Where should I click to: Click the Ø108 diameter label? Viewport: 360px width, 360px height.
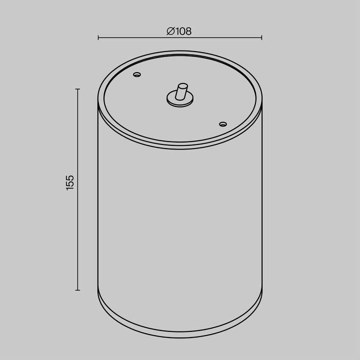[x=179, y=31]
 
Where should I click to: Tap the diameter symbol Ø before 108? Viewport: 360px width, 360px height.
[x=171, y=31]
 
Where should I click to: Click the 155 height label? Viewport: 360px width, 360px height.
[x=70, y=183]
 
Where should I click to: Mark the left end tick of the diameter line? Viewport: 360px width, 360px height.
[x=98, y=37]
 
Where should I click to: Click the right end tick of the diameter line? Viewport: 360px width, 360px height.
[x=262, y=37]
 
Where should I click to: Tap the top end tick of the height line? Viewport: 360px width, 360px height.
[x=78, y=89]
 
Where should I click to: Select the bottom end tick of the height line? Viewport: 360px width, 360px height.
[x=78, y=290]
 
